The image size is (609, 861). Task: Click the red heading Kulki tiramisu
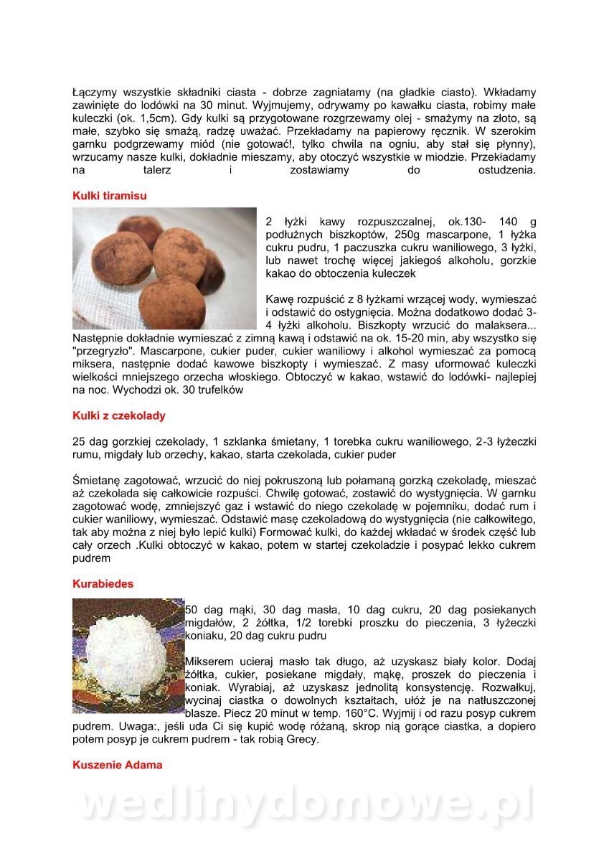(110, 195)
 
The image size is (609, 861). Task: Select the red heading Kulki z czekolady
(118, 415)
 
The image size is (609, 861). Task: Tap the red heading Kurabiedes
(103, 584)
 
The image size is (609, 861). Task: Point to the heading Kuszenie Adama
(117, 765)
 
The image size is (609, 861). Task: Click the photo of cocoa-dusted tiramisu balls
(164, 268)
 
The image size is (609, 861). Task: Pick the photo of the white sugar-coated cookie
(128, 655)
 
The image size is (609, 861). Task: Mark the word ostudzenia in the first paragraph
(506, 170)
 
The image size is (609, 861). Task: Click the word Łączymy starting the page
(96, 93)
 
